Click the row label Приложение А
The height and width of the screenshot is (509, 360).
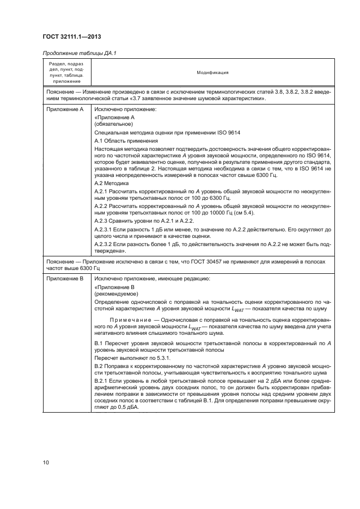click(62, 109)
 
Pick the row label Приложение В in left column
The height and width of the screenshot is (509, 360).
click(62, 279)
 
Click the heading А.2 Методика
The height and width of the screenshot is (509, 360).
click(112, 184)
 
